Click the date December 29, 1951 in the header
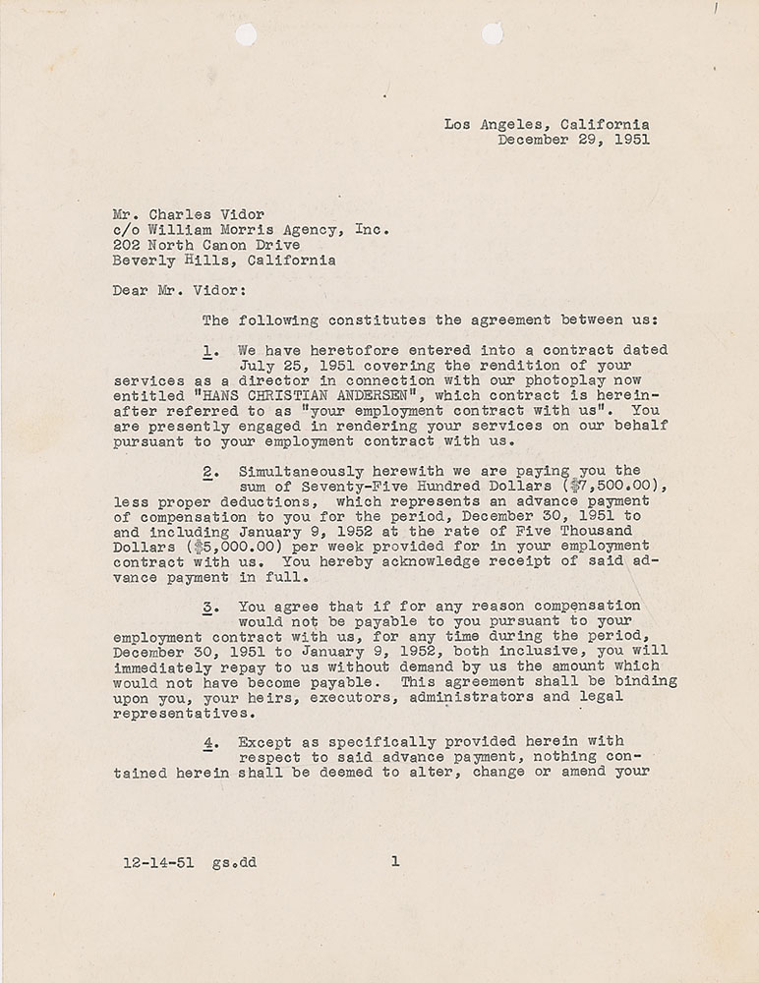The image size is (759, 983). [x=573, y=140]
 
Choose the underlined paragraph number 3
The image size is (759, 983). [x=208, y=606]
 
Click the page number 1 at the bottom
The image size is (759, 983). [x=394, y=862]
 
